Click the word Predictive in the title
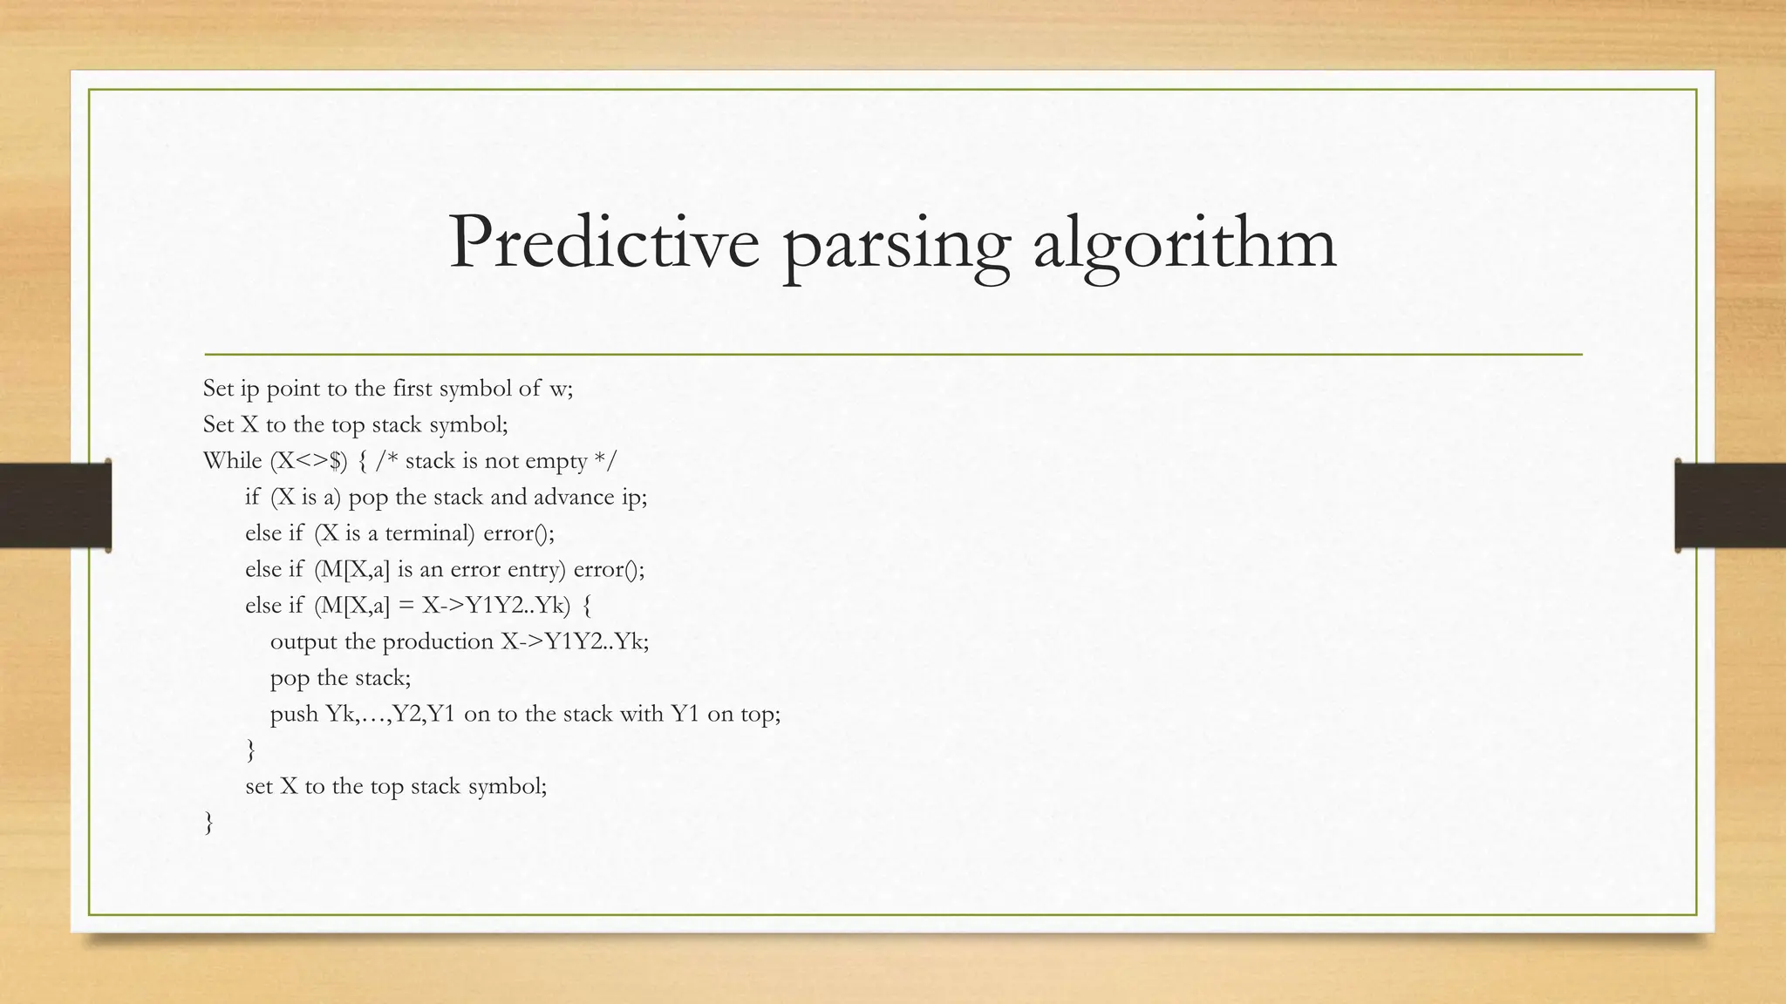pos(603,243)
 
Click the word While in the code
pos(232,461)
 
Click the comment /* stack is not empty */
pos(495,461)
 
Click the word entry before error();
pos(538,569)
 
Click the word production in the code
pos(438,642)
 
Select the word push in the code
pos(294,715)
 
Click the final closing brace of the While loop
pos(208,823)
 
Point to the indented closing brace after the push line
pos(251,750)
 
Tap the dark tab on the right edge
pos(1730,505)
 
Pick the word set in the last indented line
pos(259,787)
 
